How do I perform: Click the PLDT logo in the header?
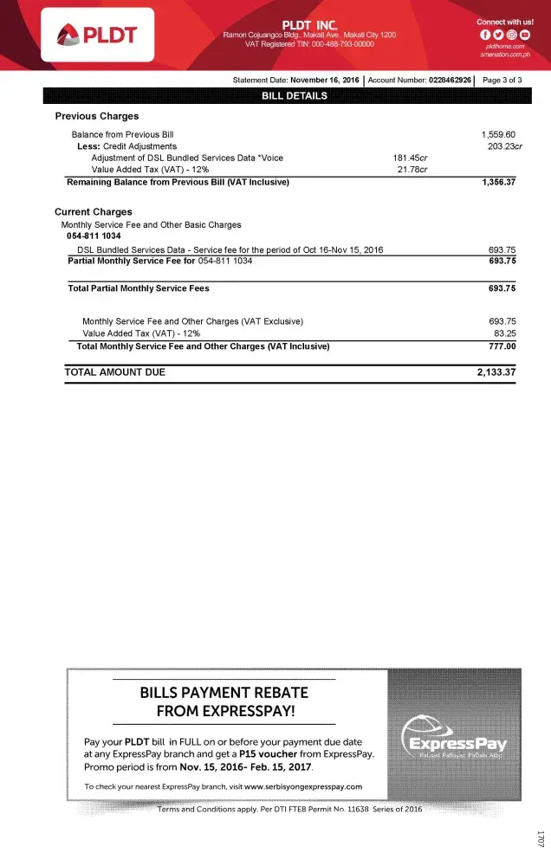pyautogui.click(x=97, y=35)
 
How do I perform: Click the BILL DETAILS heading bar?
pyautogui.click(x=295, y=95)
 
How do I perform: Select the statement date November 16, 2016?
pyautogui.click(x=325, y=80)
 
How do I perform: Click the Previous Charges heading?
pyautogui.click(x=97, y=116)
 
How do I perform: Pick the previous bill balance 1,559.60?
pyautogui.click(x=498, y=135)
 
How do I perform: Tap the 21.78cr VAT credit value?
pyautogui.click(x=412, y=170)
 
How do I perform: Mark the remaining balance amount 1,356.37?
pyautogui.click(x=498, y=182)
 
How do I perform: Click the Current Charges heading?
pyautogui.click(x=94, y=212)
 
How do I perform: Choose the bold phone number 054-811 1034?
pyautogui.click(x=94, y=236)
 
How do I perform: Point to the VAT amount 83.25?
pyautogui.click(x=504, y=333)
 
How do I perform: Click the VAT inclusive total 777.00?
pyautogui.click(x=502, y=346)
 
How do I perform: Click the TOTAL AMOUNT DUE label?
pyautogui.click(x=114, y=372)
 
